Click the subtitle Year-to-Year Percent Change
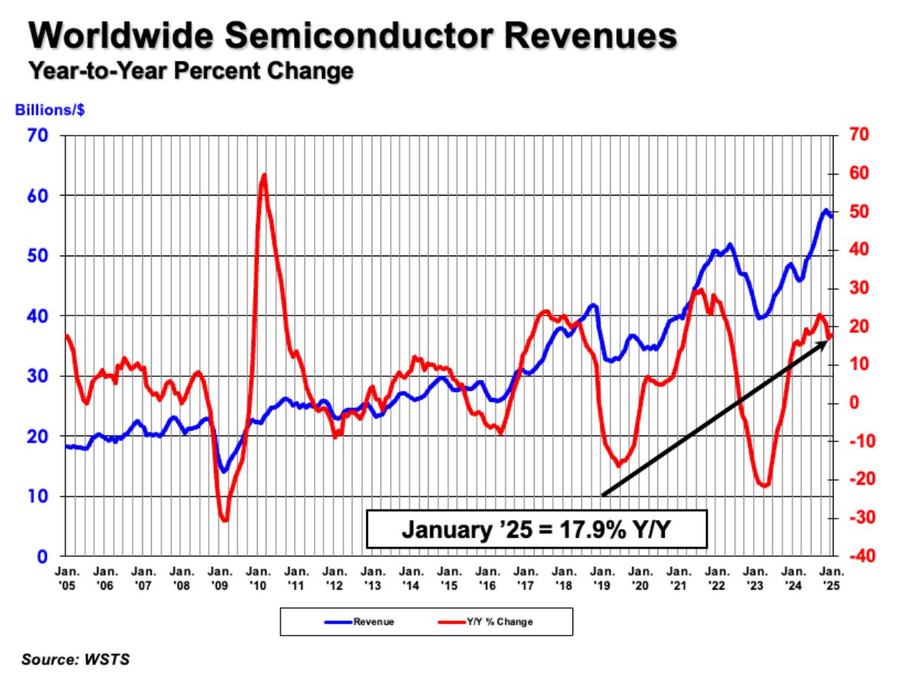click(190, 71)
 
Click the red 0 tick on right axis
click(854, 403)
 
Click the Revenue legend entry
click(361, 622)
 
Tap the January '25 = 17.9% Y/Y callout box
click(537, 528)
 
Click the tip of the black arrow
click(827, 341)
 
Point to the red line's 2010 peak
click(264, 175)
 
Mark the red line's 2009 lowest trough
click(224, 521)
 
